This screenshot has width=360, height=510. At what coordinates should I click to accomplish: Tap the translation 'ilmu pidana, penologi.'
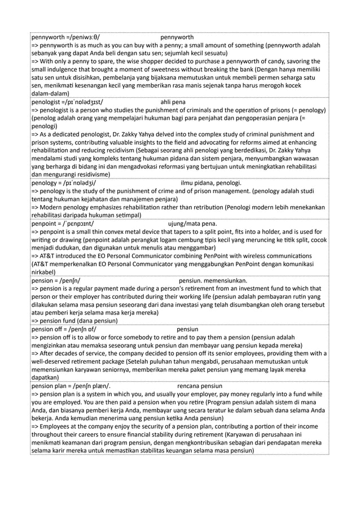(211, 183)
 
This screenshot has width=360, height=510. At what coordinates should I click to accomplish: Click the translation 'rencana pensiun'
(200, 387)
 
